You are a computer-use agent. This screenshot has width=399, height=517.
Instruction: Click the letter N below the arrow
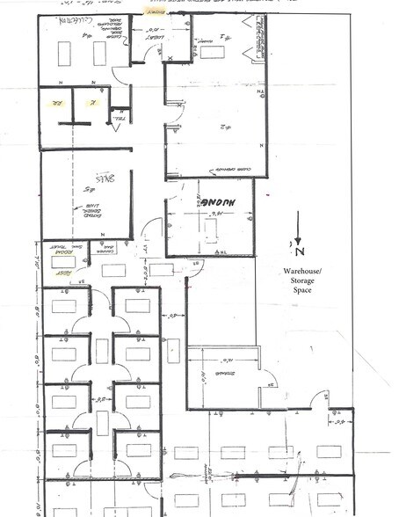(293, 247)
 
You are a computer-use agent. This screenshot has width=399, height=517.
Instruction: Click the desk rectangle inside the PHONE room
(211, 229)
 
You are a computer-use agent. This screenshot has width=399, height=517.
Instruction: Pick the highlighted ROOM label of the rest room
(59, 247)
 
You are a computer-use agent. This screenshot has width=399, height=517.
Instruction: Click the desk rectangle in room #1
(213, 52)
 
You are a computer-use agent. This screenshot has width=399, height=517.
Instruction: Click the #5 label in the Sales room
(88, 188)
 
